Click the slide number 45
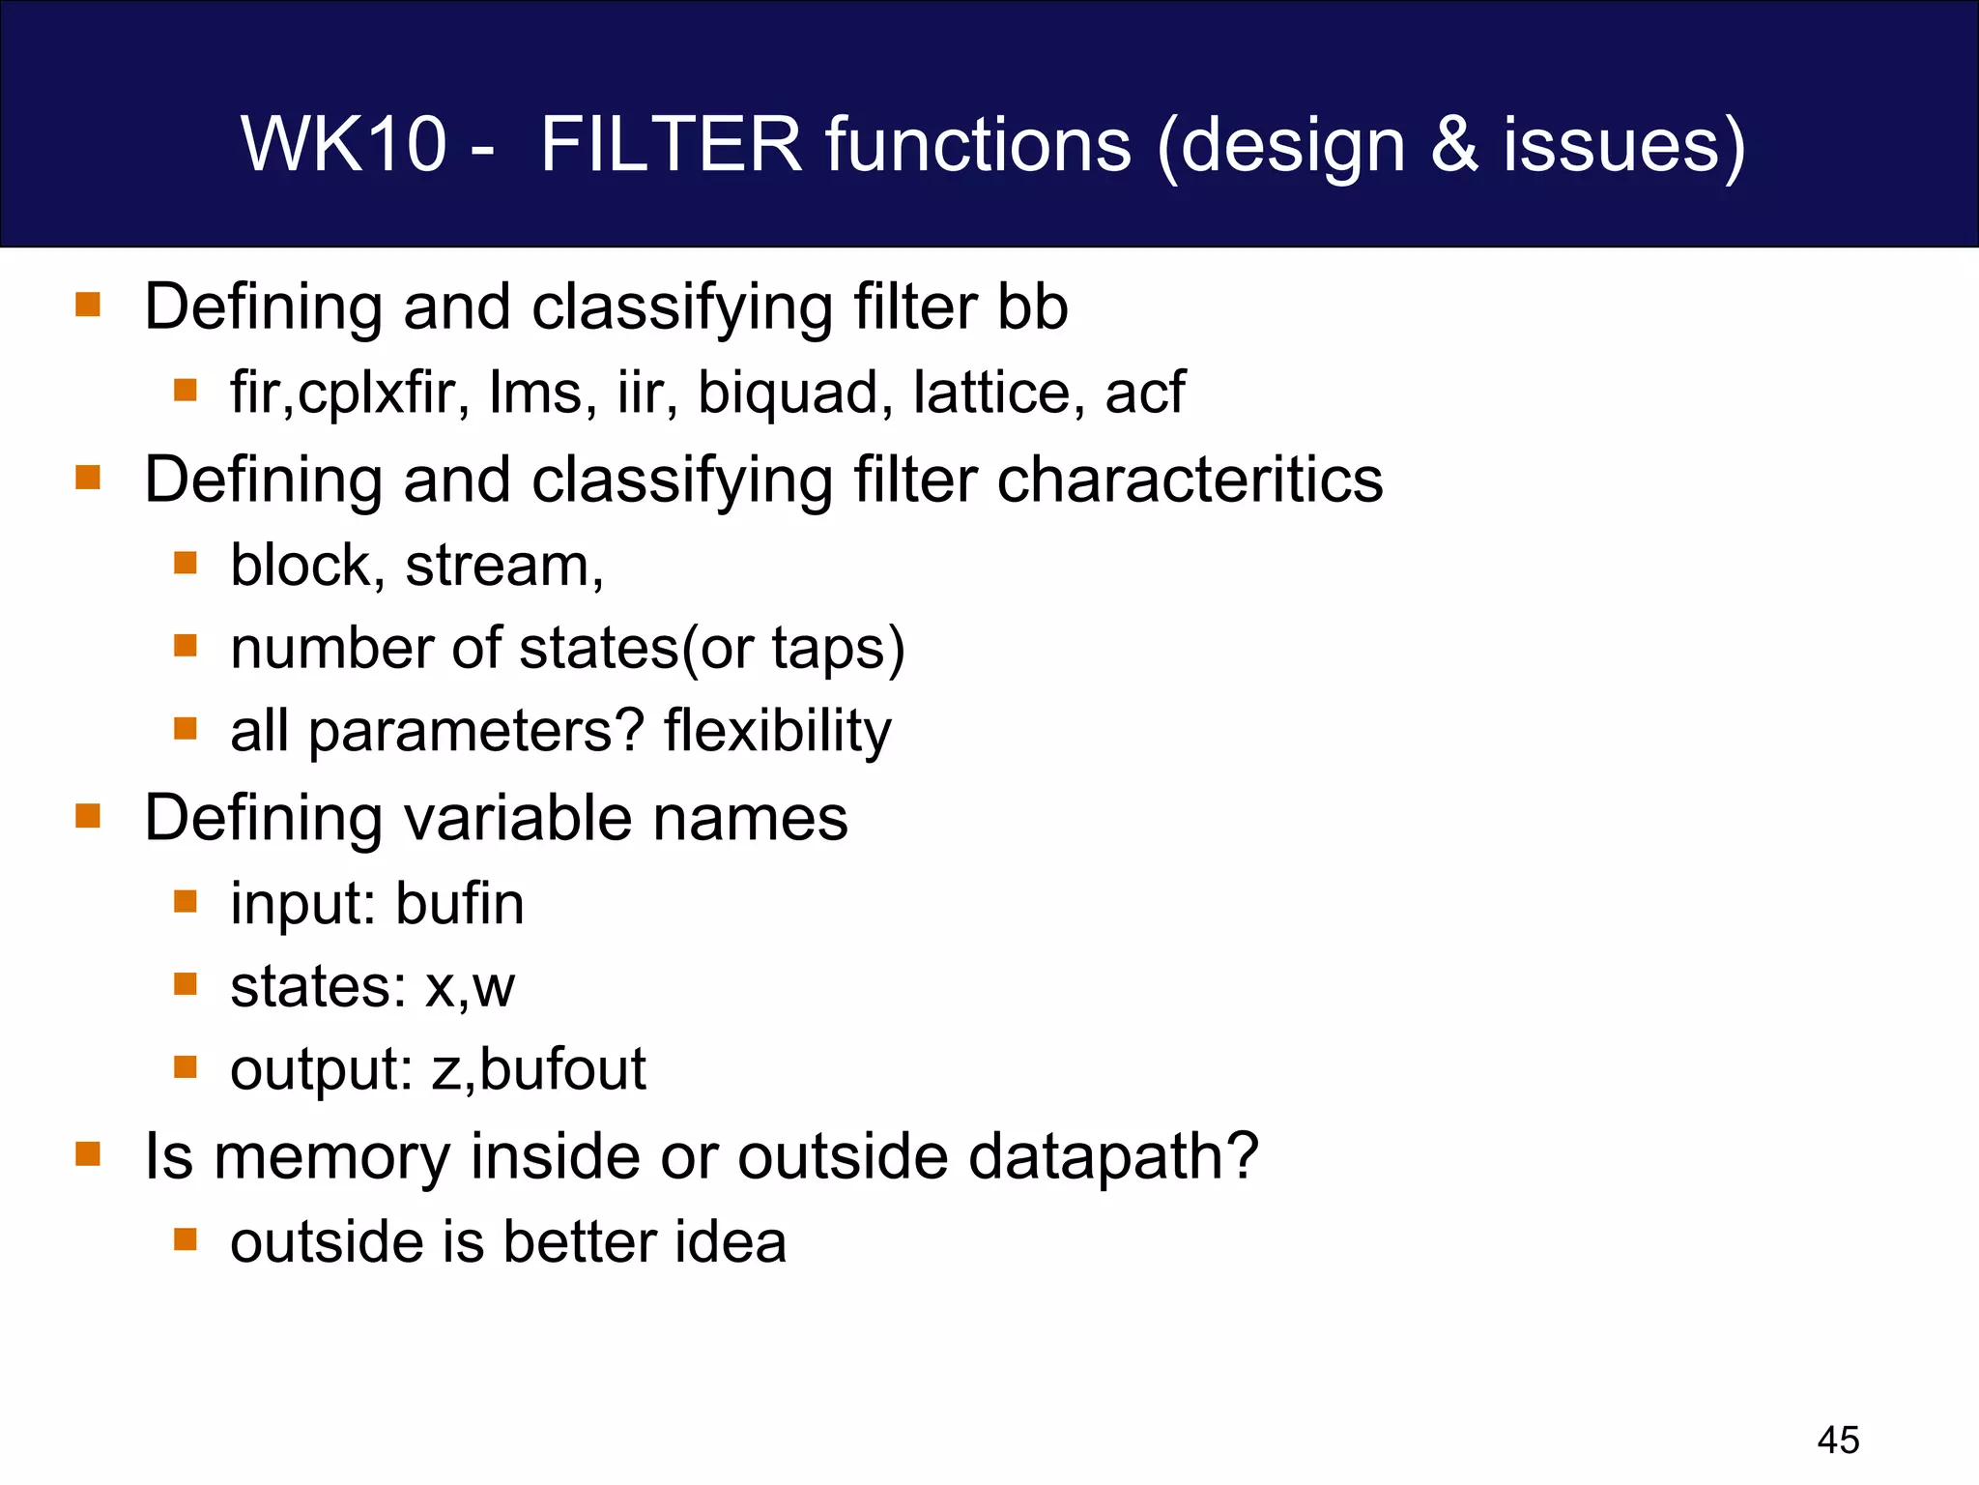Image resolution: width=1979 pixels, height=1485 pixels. [1838, 1440]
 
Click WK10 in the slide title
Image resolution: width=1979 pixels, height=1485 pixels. [343, 144]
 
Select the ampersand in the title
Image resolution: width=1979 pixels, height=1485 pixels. [1453, 144]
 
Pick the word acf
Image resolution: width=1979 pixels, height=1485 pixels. [1144, 393]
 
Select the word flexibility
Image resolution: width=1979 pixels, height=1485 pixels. [778, 731]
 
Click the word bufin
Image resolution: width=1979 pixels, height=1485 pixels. [460, 904]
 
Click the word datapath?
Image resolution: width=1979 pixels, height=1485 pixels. [1113, 1156]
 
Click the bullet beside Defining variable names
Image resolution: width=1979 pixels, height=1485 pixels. [88, 817]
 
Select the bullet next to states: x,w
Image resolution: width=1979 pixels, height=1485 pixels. [186, 984]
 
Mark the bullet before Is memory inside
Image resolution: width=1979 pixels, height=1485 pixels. [88, 1154]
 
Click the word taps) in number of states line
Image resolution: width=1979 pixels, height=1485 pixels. [838, 649]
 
